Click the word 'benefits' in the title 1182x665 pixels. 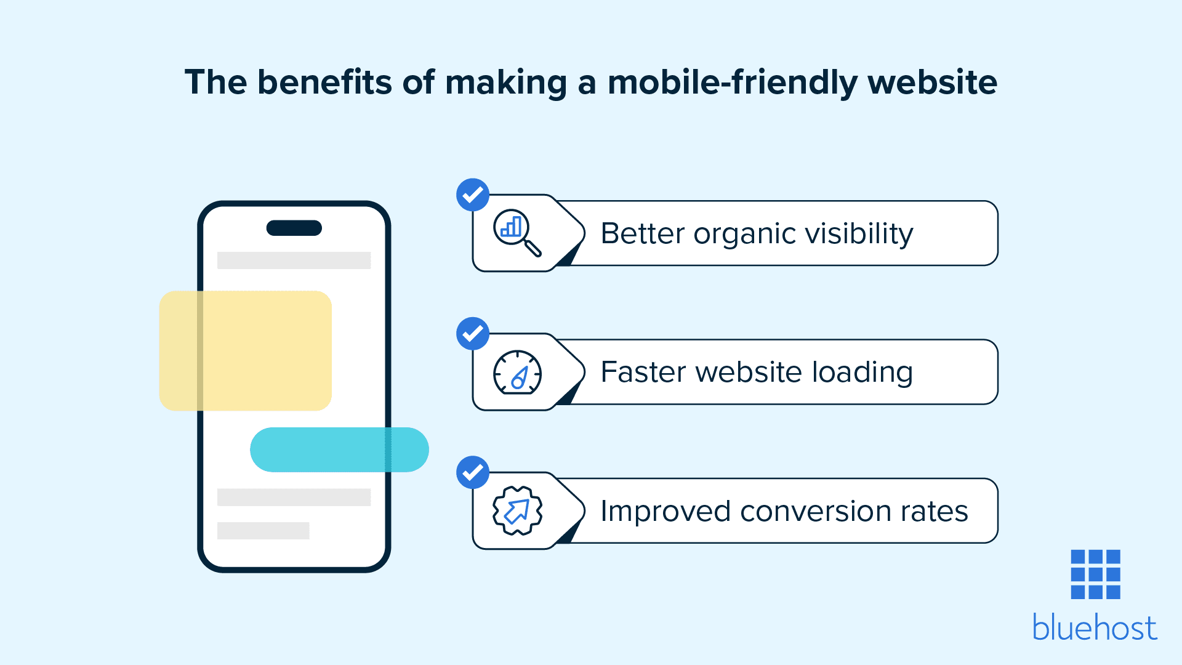324,82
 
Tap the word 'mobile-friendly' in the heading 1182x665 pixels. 732,83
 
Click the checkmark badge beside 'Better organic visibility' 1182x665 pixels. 473,195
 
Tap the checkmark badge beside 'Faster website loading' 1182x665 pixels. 473,334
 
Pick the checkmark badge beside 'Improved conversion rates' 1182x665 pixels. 473,472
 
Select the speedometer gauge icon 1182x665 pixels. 517,372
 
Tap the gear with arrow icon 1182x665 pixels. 517,510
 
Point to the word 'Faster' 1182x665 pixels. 643,372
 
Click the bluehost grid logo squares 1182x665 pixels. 1096,574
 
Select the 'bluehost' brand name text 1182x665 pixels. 1095,627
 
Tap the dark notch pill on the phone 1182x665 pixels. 294,228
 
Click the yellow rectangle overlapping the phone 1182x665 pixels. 246,351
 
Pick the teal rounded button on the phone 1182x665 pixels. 339,449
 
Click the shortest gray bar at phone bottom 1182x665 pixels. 263,531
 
